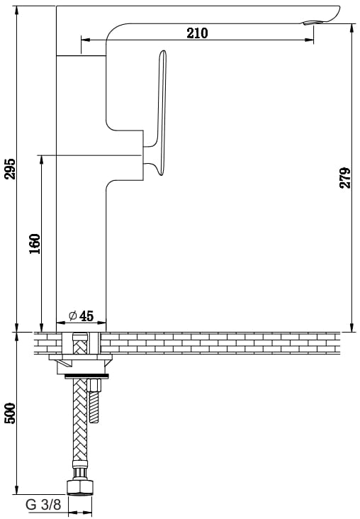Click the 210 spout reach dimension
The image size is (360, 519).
198,33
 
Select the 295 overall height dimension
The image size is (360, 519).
10,169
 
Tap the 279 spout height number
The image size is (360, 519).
345,178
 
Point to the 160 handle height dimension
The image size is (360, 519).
35,244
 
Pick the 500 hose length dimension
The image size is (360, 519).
10,413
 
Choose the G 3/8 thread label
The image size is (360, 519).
43,505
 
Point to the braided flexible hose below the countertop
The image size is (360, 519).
80,424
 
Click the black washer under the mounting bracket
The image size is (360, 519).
86,376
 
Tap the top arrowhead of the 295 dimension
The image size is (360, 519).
16,10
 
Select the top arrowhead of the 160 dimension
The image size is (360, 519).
41,160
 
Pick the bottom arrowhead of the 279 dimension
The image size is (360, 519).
351,327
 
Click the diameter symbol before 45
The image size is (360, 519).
73,316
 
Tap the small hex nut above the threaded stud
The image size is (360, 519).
94,385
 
